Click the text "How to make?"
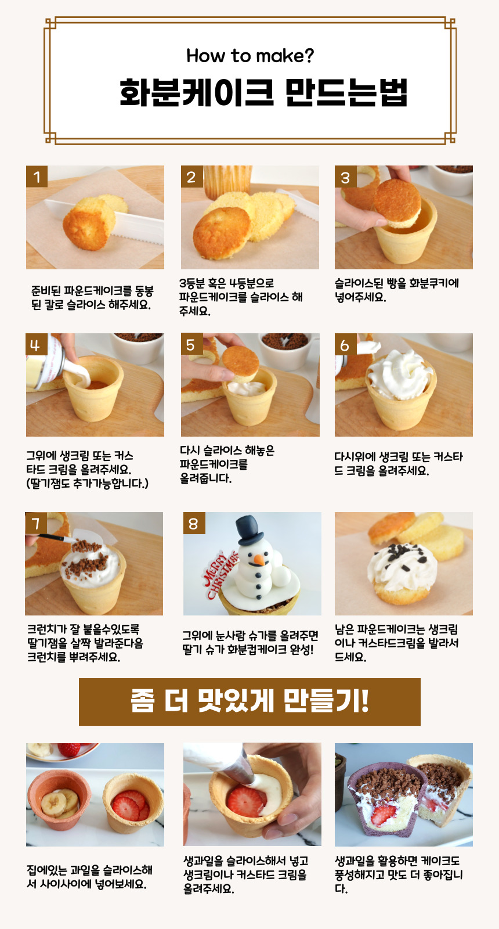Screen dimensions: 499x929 click(250, 56)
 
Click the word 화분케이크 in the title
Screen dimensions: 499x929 click(197, 92)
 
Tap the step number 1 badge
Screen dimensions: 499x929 click(37, 177)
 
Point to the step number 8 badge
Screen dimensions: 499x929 click(194, 523)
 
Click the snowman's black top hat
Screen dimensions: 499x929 click(250, 530)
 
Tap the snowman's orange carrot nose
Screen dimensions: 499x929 click(259, 560)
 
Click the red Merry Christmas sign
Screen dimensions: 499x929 click(220, 573)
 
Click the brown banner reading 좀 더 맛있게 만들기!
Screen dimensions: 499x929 click(249, 702)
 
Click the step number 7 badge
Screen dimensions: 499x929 click(36, 523)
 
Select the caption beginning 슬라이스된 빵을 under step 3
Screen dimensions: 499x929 click(397, 290)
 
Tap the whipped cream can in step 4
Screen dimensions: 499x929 click(46, 365)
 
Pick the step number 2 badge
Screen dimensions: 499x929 click(191, 177)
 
